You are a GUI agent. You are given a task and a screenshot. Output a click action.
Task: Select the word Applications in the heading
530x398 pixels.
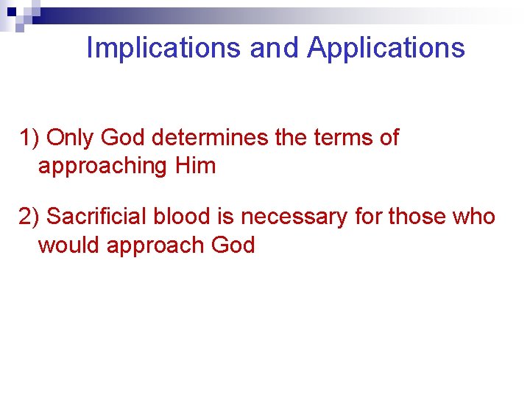[386, 48]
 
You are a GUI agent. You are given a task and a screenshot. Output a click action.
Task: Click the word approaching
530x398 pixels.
[103, 166]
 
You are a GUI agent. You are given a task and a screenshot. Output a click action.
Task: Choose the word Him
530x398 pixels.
[196, 166]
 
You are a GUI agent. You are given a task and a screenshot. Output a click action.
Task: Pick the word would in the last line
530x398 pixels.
[69, 245]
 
